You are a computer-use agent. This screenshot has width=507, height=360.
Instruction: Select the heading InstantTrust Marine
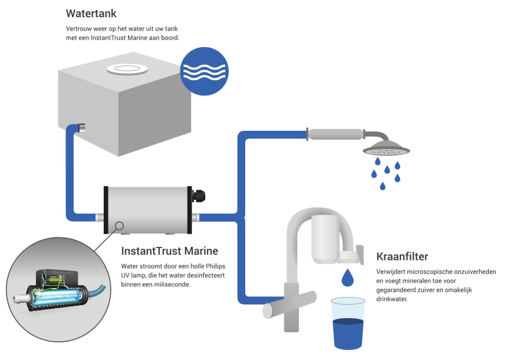pos(169,251)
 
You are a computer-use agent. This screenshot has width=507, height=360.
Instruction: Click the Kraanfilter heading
pos(401,257)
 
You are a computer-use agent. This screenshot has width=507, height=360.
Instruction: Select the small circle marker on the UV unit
pos(120,225)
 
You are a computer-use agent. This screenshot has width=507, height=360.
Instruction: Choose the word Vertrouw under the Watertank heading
pos(78,29)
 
